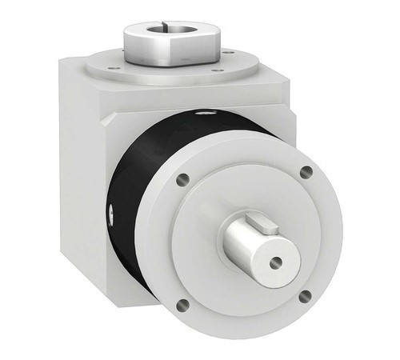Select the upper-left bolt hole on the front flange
point(183,180)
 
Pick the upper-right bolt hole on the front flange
point(305,171)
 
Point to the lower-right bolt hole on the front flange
point(305,296)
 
